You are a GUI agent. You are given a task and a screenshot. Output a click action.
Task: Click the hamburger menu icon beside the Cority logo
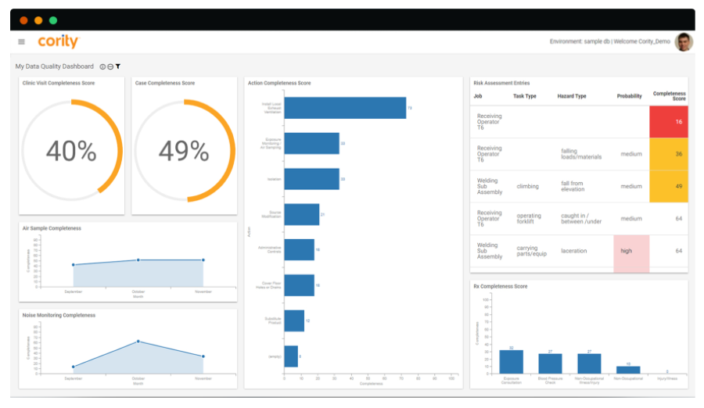pyautogui.click(x=21, y=42)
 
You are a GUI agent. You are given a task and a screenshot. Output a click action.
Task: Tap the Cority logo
pyautogui.click(x=57, y=41)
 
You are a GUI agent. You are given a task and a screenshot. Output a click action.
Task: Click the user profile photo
pyautogui.click(x=684, y=41)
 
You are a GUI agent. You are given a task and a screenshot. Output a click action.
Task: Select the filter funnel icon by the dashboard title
pyautogui.click(x=118, y=66)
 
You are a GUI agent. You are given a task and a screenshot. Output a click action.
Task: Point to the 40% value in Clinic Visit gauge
pyautogui.click(x=71, y=150)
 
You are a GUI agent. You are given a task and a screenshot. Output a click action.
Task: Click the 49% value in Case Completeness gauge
pyautogui.click(x=184, y=150)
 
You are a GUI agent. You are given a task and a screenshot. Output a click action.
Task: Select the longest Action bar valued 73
pyautogui.click(x=345, y=108)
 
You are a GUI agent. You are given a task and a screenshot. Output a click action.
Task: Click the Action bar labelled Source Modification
pyautogui.click(x=302, y=214)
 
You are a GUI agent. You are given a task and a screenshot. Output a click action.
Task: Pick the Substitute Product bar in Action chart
pyautogui.click(x=294, y=320)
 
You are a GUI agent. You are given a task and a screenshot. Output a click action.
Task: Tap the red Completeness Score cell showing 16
pyautogui.click(x=669, y=122)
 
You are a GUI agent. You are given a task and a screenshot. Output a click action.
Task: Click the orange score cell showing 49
pyautogui.click(x=669, y=186)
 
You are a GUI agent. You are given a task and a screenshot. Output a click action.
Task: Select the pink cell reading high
pyautogui.click(x=630, y=251)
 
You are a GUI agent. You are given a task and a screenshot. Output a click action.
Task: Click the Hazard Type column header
pyautogui.click(x=572, y=96)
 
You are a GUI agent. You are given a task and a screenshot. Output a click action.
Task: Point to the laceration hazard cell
pyautogui.click(x=574, y=251)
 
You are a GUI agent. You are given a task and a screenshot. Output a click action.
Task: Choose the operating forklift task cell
pyautogui.click(x=529, y=219)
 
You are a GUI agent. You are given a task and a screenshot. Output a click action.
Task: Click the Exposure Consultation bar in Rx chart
pyautogui.click(x=511, y=361)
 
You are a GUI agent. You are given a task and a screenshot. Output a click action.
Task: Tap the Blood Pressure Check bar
pyautogui.click(x=550, y=363)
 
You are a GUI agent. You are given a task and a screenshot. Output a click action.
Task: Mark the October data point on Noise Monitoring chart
pyautogui.click(x=138, y=341)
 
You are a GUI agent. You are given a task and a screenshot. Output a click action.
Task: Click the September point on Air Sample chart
pyautogui.click(x=74, y=265)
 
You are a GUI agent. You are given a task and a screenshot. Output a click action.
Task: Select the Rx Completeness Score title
pyautogui.click(x=501, y=287)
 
